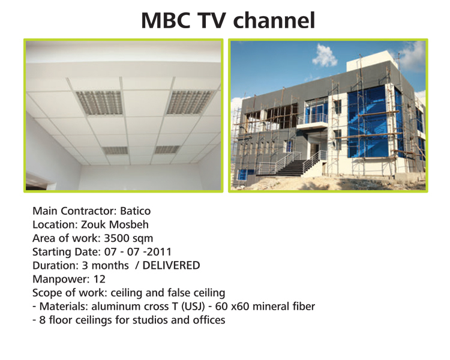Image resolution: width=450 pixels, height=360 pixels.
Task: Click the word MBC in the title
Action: coord(166,20)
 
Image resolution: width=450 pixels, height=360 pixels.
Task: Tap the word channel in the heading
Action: coord(274,20)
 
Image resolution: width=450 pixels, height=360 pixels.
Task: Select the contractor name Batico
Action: coord(135,211)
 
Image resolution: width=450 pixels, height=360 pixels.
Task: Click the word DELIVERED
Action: coord(171,266)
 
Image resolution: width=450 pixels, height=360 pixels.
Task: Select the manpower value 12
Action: coord(100,279)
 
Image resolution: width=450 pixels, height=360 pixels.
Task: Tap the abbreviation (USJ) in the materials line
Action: coord(193,307)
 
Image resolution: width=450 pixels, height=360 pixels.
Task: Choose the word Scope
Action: coord(46,293)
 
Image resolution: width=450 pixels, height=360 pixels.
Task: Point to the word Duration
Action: coord(55,266)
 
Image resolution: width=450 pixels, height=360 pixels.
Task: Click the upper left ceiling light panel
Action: coord(100,103)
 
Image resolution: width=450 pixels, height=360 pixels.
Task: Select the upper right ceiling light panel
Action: coord(191,102)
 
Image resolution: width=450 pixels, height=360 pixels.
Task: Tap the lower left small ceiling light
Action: coord(115,150)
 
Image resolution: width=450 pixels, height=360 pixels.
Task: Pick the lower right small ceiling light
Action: coord(167,149)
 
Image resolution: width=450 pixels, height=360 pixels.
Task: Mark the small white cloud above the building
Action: coord(325,55)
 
